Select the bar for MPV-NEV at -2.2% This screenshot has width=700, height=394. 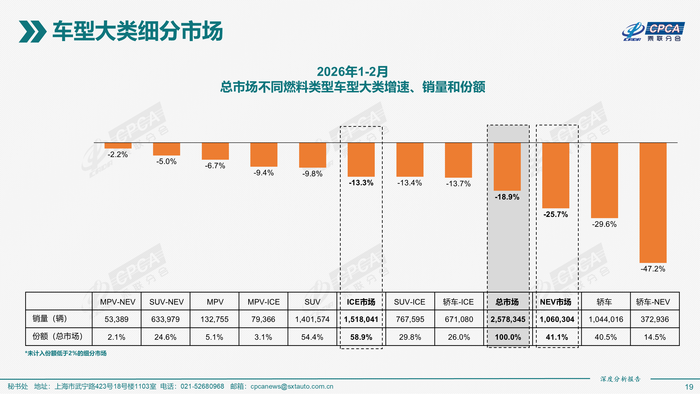pos(118,146)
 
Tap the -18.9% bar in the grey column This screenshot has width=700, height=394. pos(507,166)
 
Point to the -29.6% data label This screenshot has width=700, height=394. pos(604,224)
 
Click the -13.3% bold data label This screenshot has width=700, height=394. pos(361,183)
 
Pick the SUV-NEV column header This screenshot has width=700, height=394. pos(166,302)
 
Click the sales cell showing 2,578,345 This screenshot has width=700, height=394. pos(507,319)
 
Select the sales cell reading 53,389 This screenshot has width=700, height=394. pos(117,319)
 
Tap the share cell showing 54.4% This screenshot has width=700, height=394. pos(312,337)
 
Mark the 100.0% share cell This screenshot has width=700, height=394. pos(507,337)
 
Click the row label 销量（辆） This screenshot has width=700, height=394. pos(50,318)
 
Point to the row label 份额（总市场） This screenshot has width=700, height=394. pos(57,336)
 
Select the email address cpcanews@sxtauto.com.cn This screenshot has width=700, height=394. pos(292,386)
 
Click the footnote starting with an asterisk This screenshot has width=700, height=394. pos(66,353)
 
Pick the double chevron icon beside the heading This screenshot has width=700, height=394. pos(32,32)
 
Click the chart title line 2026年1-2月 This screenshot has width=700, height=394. pos(352,72)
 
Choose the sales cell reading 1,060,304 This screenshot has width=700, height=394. pos(557,319)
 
